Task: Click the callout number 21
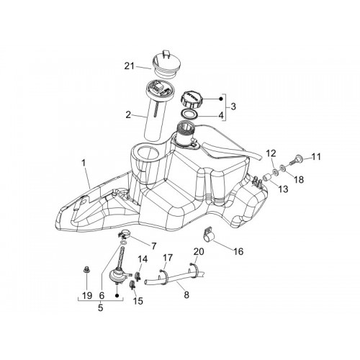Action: [130, 66]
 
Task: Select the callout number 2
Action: [128, 115]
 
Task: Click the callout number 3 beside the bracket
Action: [233, 107]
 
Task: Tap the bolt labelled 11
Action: [297, 160]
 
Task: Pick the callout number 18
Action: [299, 179]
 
